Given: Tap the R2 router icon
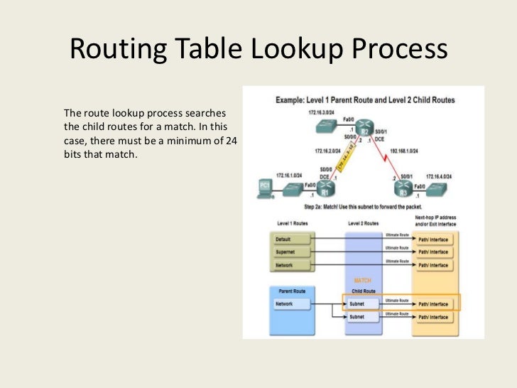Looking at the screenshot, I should point(364,129).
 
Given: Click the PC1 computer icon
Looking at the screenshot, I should point(264,188).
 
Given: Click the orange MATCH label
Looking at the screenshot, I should point(363,281).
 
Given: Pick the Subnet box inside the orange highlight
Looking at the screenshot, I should point(363,303).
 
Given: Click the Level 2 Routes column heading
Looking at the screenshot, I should point(363,223).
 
